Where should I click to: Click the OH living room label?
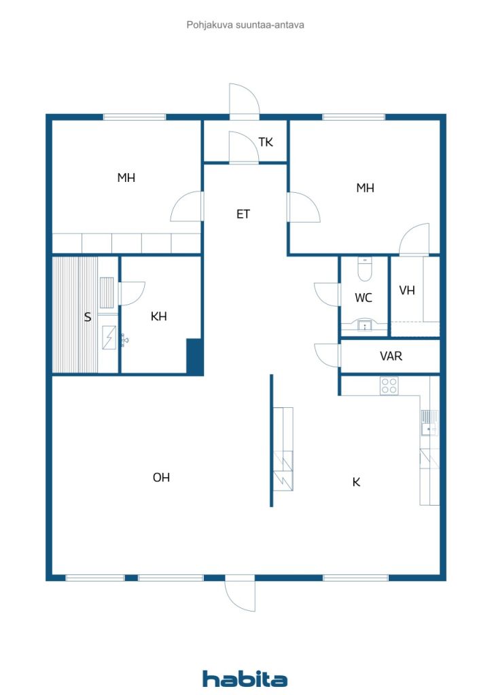pyautogui.click(x=161, y=478)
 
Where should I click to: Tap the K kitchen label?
pyautogui.click(x=355, y=483)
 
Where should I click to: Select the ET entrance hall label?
pyautogui.click(x=243, y=214)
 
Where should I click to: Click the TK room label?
pyautogui.click(x=266, y=143)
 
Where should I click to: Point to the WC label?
pyautogui.click(x=364, y=298)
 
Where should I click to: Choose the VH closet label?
pyautogui.click(x=407, y=290)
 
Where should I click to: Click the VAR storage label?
pyautogui.click(x=391, y=356)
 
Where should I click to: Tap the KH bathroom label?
pyautogui.click(x=159, y=316)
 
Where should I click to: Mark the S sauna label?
pyautogui.click(x=87, y=317)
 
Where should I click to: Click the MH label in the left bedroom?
pyautogui.click(x=126, y=178)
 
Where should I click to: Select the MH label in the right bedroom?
pyautogui.click(x=366, y=188)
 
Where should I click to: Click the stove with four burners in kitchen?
pyautogui.click(x=389, y=386)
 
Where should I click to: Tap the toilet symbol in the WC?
pyautogui.click(x=364, y=270)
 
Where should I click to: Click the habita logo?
pyautogui.click(x=245, y=679)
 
